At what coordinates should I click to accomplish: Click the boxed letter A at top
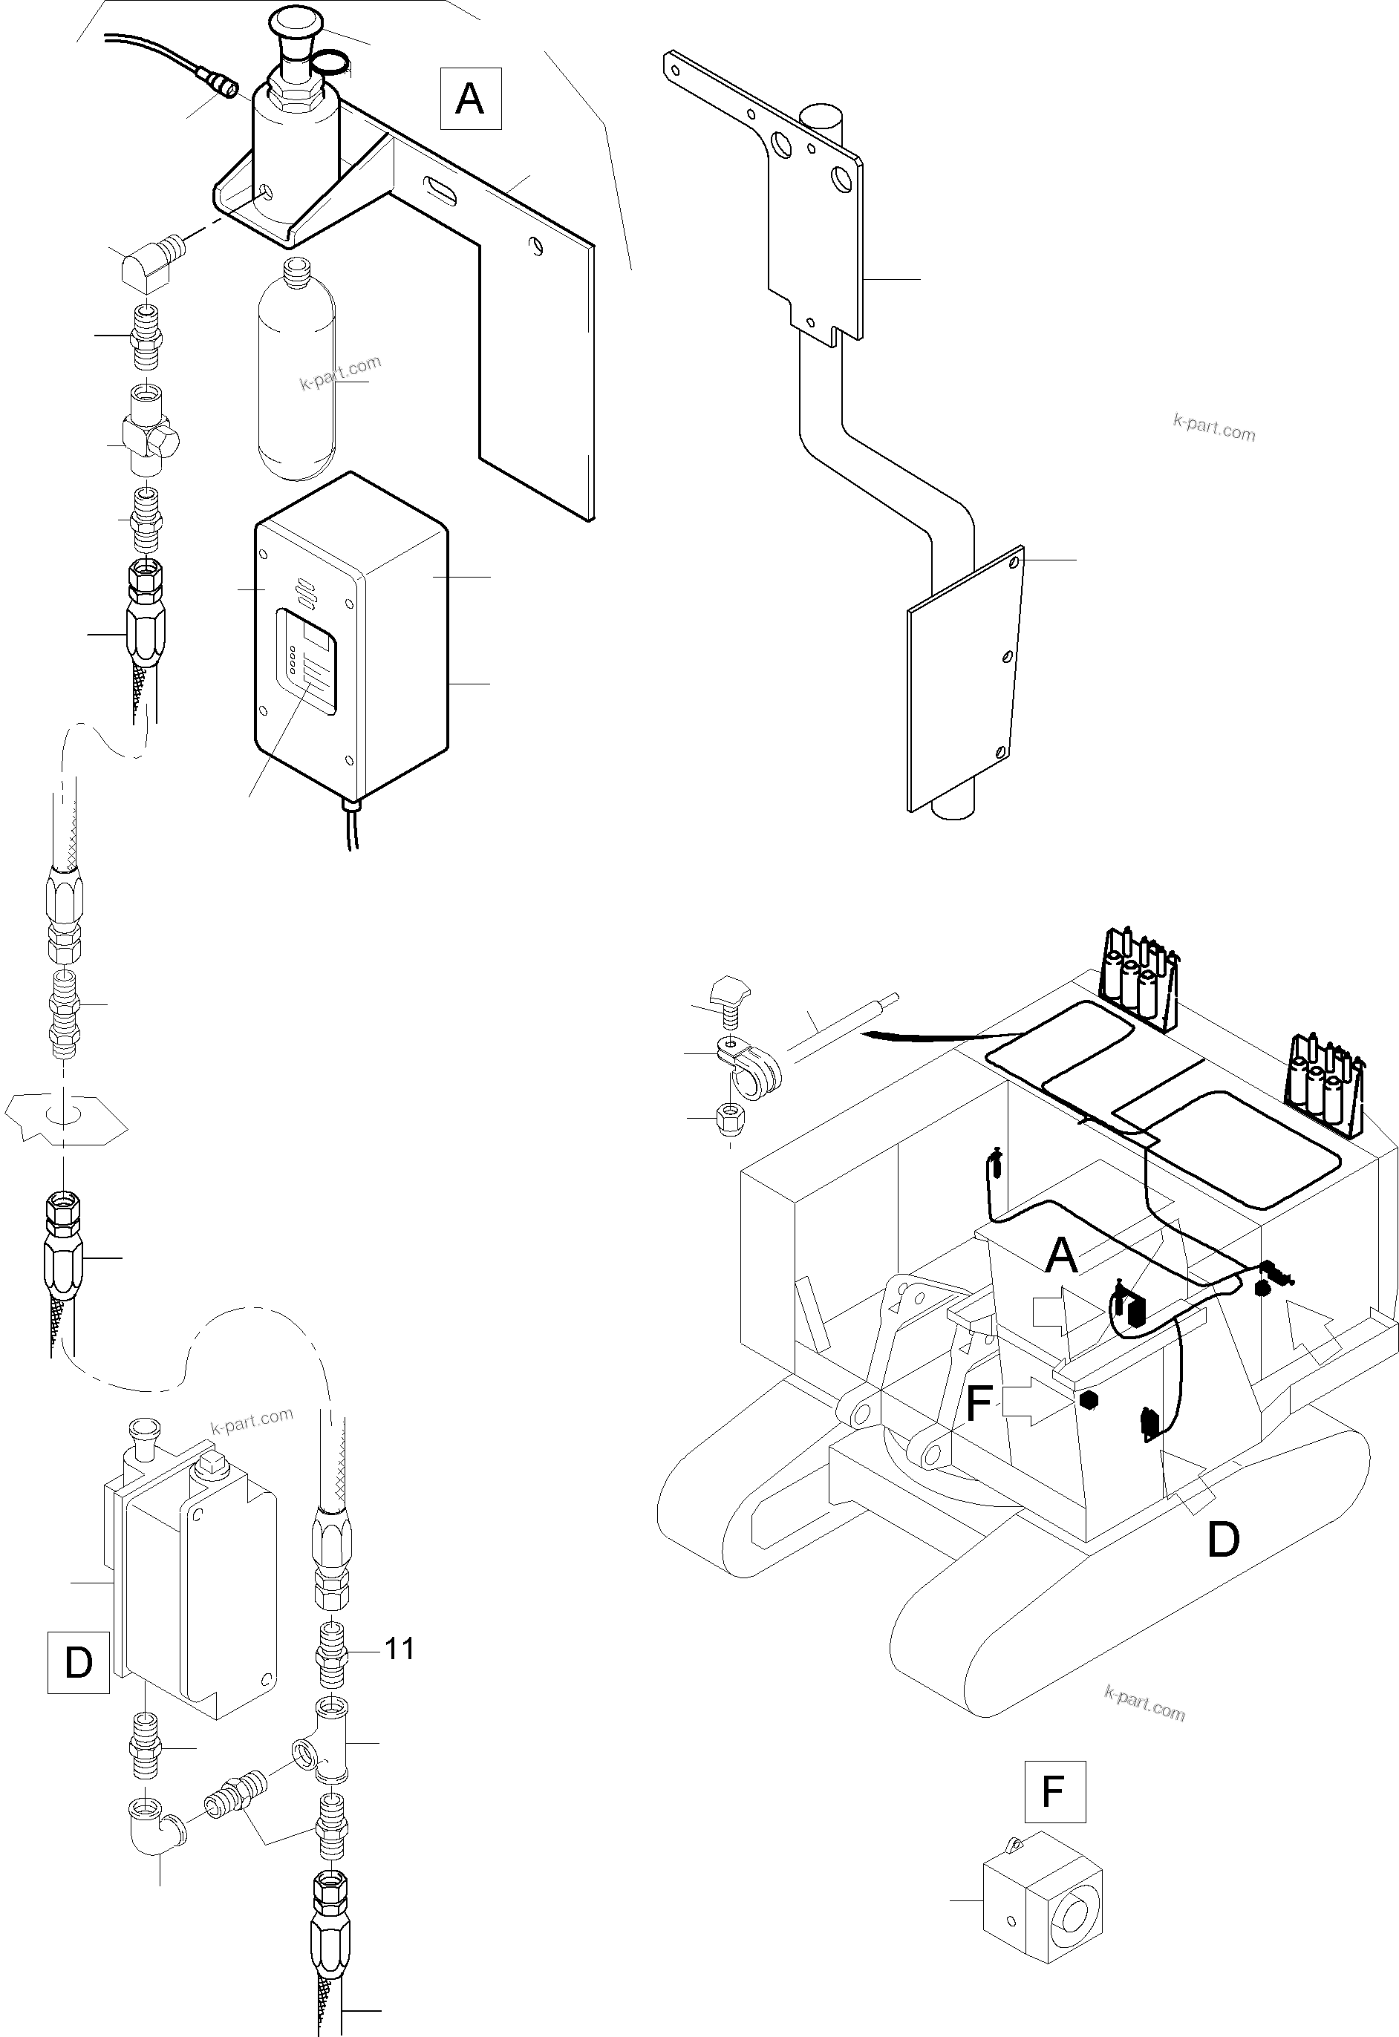click(x=470, y=98)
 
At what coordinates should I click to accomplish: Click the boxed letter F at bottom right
click(x=1054, y=1791)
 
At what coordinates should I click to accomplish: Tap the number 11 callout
click(x=399, y=1649)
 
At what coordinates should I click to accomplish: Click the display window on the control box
click(x=306, y=661)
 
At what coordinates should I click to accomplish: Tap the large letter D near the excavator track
click(x=1222, y=1539)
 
